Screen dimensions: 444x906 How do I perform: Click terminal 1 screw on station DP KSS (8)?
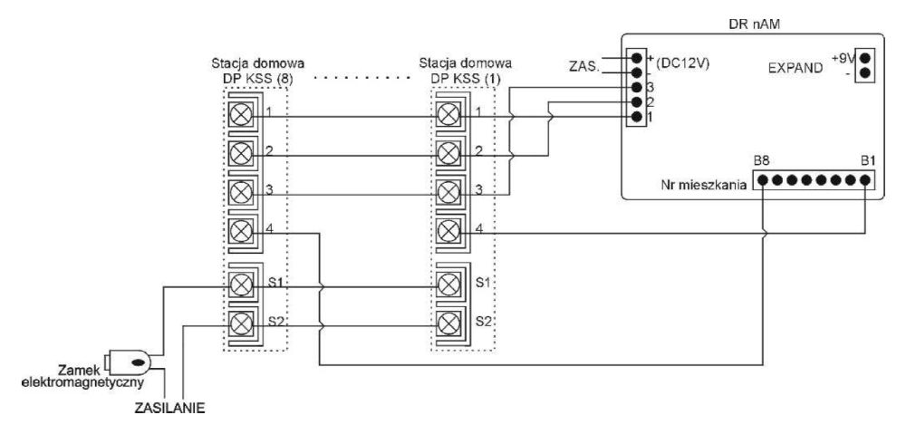[x=241, y=115]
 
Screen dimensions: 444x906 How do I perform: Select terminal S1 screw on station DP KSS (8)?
[x=241, y=285]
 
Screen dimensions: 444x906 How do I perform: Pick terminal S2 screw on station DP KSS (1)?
[x=447, y=323]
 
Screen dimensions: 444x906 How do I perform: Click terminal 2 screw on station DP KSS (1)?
[x=447, y=153]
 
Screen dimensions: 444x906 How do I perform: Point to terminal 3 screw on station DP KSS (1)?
[x=447, y=192]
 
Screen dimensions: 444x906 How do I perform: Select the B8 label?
[x=762, y=162]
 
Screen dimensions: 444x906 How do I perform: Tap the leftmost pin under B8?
[x=763, y=179]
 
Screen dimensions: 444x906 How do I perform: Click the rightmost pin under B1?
[x=867, y=179]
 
